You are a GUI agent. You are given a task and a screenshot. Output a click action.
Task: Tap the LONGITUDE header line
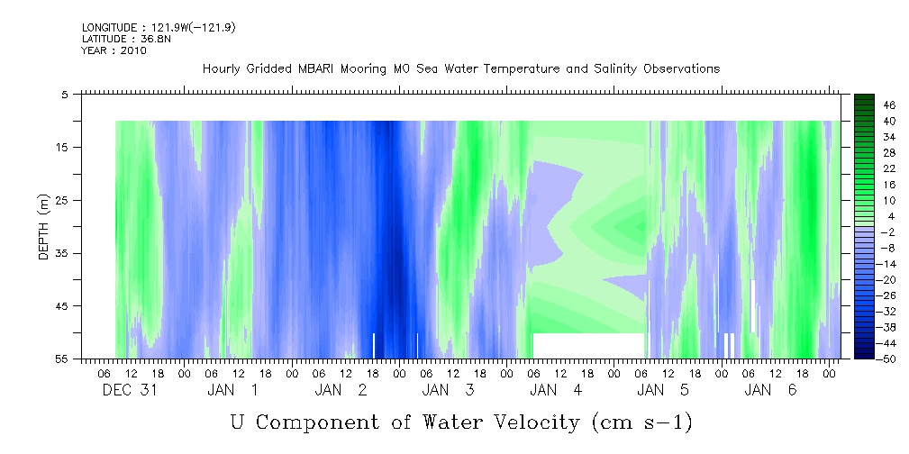coord(159,27)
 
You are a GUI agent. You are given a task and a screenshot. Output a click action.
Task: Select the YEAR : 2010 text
coord(114,50)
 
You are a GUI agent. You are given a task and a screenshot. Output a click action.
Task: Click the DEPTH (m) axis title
coord(45,227)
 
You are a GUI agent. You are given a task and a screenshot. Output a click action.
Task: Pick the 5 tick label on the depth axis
coord(64,95)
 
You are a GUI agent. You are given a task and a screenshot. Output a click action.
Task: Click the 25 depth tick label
coord(60,201)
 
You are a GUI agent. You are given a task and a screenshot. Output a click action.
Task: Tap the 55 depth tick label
coord(60,359)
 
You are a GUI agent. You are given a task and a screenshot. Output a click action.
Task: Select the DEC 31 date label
coord(130,390)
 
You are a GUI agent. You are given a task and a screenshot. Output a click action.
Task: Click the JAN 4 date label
coord(556,390)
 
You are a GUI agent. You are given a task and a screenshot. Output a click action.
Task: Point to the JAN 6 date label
coord(770,390)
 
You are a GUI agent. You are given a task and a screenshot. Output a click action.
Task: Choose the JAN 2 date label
coord(341,390)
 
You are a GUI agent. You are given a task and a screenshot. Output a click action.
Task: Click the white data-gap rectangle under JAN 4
coord(588,346)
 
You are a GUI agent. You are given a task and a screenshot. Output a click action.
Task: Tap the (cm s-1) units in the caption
coord(641,423)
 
